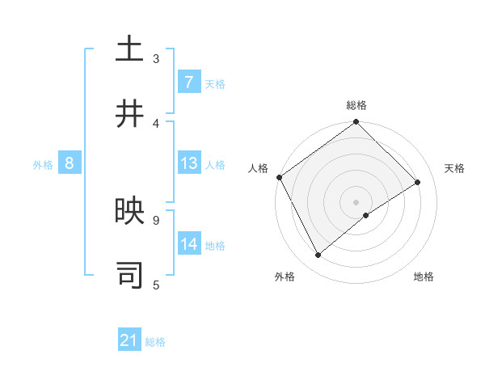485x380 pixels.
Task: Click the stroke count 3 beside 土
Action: tap(156, 58)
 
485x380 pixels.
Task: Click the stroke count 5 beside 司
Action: tap(156, 285)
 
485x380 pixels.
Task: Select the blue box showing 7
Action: tap(188, 82)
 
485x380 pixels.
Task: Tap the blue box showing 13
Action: tap(188, 163)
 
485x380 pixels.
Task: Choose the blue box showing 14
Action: tap(188, 244)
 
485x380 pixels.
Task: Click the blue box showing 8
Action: tap(70, 163)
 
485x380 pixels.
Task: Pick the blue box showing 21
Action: tap(129, 341)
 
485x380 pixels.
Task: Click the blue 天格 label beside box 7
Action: tap(215, 83)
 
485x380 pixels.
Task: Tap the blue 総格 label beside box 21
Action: tap(155, 342)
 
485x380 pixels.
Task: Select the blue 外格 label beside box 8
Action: tap(43, 164)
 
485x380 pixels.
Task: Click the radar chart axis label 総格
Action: tap(356, 105)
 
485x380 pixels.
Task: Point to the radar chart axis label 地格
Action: tap(424, 277)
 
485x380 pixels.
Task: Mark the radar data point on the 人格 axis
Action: tap(279, 177)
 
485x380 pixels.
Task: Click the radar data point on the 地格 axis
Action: tap(366, 215)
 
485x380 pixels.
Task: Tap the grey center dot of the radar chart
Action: tap(356, 201)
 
